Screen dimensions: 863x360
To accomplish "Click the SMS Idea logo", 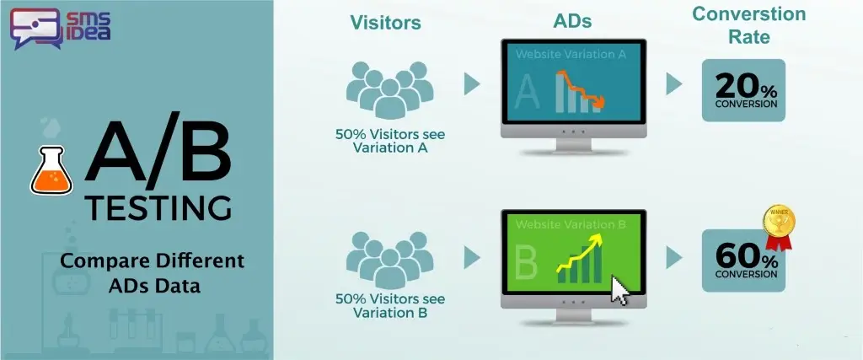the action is [61, 29].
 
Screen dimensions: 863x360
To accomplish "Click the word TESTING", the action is [158, 209].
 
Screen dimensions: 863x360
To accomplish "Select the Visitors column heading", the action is [385, 23].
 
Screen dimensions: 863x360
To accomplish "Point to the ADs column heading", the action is [572, 21].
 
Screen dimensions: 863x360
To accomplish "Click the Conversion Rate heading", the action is [748, 25].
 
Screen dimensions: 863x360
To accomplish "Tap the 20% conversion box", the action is [743, 90].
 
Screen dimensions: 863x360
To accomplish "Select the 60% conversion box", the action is [743, 261].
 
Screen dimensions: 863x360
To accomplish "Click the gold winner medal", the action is [778, 226].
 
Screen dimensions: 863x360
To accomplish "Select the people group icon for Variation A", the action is [389, 89].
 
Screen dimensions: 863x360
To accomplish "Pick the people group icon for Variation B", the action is [389, 261].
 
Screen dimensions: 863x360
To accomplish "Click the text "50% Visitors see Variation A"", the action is [389, 141].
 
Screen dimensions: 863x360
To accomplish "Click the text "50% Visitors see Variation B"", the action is [389, 306].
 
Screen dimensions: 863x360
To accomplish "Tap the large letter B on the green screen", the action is [526, 262].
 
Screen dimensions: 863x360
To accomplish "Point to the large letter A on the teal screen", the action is [527, 92].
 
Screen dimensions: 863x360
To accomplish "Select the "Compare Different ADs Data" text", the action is [152, 273].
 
